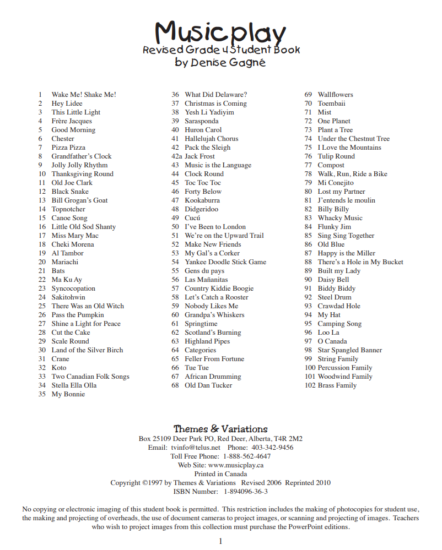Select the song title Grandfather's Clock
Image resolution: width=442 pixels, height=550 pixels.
[82, 156]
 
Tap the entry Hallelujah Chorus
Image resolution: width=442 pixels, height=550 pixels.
[212, 139]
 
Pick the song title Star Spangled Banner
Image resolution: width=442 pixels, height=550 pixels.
[350, 350]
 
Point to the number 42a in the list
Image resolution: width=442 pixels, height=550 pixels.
[176, 156]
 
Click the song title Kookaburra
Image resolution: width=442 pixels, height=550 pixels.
[202, 200]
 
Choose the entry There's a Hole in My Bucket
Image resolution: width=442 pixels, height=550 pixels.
[360, 262]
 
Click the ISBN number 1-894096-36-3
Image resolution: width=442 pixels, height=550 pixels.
[246, 492]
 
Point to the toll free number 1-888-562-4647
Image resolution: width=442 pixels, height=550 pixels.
[246, 456]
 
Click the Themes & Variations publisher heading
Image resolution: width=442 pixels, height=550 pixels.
[220, 429]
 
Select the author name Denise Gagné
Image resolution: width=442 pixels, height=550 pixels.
[228, 62]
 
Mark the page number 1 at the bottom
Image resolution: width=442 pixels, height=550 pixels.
[220, 541]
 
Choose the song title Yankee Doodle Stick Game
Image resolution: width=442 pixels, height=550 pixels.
[225, 262]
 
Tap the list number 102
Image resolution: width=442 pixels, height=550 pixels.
[310, 385]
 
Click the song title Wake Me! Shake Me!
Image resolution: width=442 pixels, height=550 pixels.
[84, 95]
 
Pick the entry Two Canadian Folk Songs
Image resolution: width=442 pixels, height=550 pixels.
[90, 377]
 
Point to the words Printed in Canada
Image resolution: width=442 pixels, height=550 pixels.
[220, 474]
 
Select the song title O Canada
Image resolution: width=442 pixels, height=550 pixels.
[332, 341]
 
